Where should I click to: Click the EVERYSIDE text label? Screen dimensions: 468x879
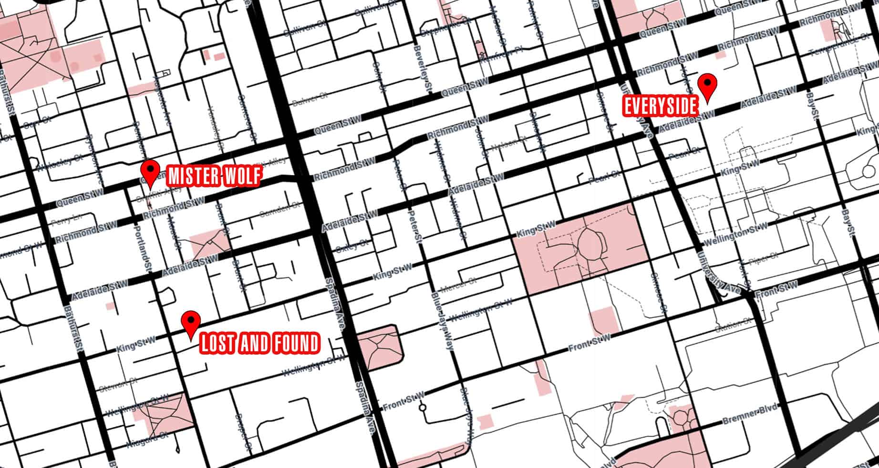click(x=661, y=106)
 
